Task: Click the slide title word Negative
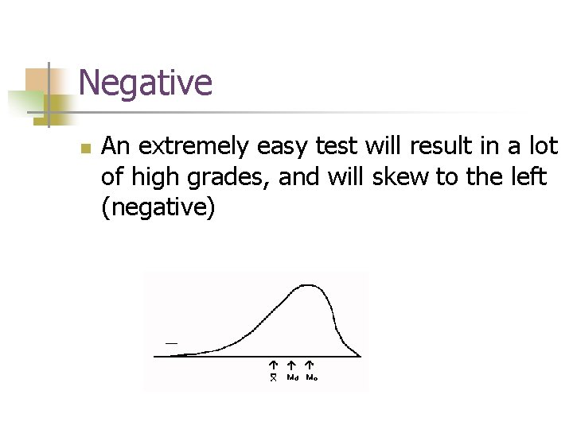point(146,83)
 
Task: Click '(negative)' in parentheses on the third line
point(158,208)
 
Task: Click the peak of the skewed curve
point(303,285)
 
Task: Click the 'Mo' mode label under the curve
point(312,378)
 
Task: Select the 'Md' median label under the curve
point(292,378)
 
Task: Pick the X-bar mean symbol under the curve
point(272,378)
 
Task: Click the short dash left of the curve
point(171,342)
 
